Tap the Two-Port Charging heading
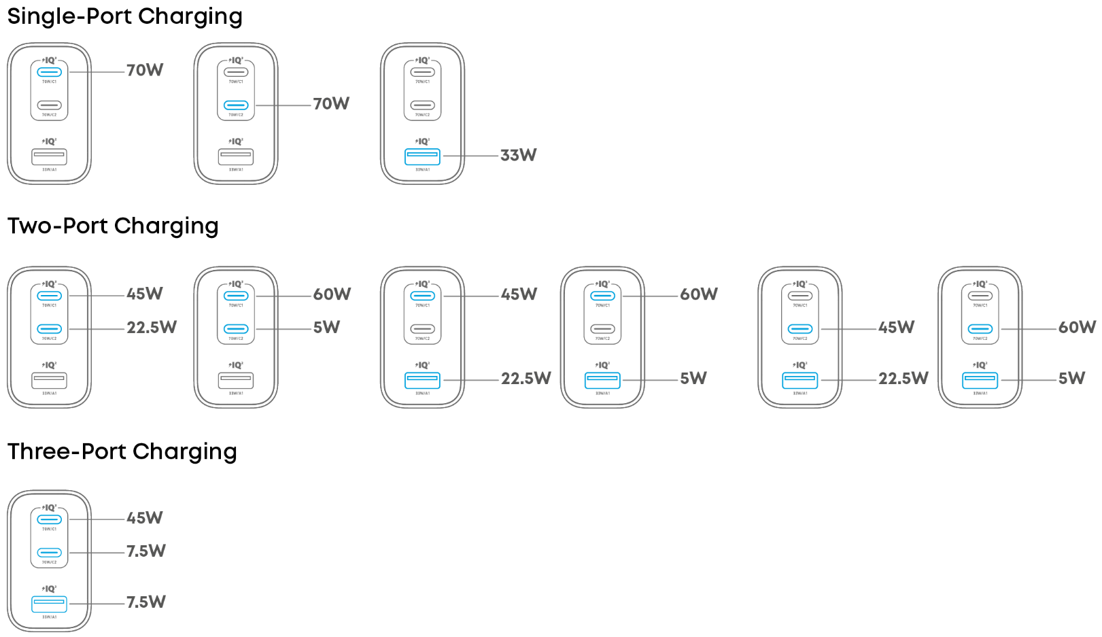coord(113,226)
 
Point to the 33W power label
coord(518,156)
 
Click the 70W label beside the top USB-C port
coord(145,71)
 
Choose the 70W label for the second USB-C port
coord(331,104)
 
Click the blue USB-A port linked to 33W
coord(422,156)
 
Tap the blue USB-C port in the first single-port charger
coord(50,72)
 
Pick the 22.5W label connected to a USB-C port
coord(152,328)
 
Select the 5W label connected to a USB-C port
coord(326,328)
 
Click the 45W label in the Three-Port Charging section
coord(145,518)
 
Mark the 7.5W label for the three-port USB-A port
coord(146,602)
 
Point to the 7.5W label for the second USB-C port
coord(146,551)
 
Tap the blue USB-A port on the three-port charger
coord(50,604)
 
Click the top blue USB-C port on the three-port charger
coord(50,519)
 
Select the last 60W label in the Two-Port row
coord(1077,328)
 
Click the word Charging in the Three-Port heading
coord(184,451)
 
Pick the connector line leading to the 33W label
coord(470,156)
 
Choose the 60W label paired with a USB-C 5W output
coord(332,294)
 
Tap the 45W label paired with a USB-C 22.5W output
coord(145,294)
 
